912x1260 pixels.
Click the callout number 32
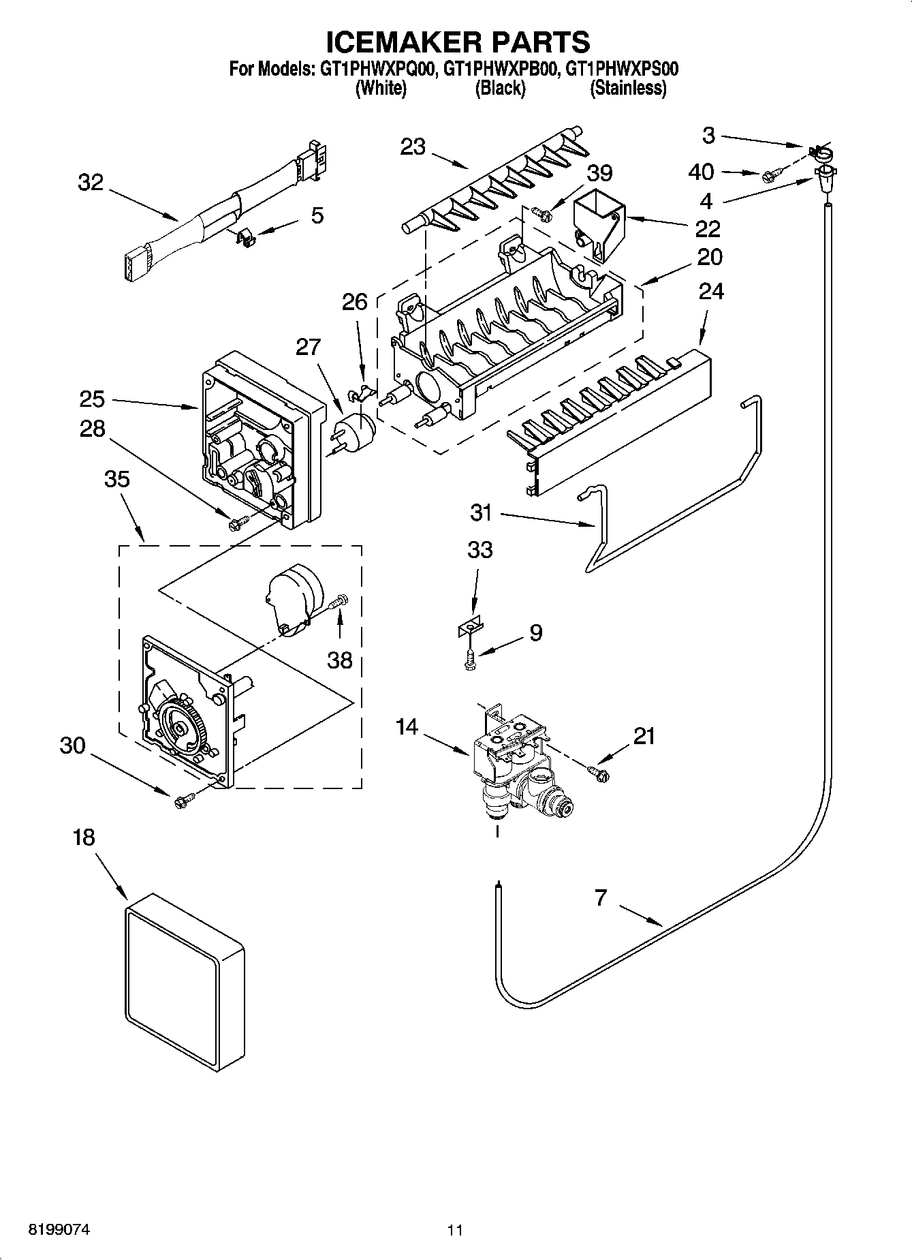pos(91,183)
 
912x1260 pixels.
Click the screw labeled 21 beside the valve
pos(599,771)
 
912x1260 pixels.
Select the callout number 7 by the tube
pos(600,898)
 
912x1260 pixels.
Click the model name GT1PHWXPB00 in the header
pos(501,69)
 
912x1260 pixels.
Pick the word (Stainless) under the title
pos(627,87)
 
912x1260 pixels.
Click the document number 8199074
pos(59,1230)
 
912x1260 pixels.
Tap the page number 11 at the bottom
pos(455,1230)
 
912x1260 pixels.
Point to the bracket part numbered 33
pos(471,626)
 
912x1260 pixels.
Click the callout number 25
pos(92,399)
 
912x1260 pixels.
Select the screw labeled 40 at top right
pos(769,176)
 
